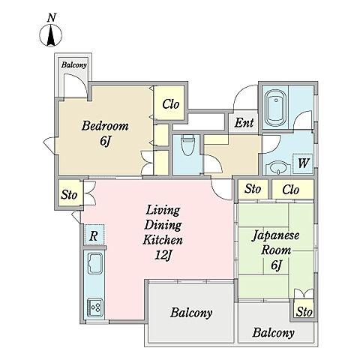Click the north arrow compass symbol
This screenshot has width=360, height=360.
51,35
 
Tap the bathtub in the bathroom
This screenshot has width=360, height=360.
276,108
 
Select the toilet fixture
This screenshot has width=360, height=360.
187,145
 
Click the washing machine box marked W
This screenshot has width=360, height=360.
303,163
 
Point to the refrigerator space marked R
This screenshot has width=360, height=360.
94,235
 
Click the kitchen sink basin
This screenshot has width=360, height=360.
95,263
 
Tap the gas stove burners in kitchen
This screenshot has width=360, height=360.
95,307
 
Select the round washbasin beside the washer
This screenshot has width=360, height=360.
277,169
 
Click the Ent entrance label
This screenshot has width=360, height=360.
244,122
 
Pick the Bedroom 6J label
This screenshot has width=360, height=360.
105,133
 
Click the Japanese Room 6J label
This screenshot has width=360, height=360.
276,250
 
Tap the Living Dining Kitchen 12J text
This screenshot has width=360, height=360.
163,232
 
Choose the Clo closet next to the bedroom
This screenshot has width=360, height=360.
171,104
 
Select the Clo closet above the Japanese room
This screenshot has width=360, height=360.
290,190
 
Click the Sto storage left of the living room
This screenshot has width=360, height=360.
69,194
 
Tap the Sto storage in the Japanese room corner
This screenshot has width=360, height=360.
304,312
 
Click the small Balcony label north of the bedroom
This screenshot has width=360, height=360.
74,65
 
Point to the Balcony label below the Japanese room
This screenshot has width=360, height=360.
273,333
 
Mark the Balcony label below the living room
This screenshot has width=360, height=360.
191,313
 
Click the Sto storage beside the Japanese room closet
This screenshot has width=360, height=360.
253,189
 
